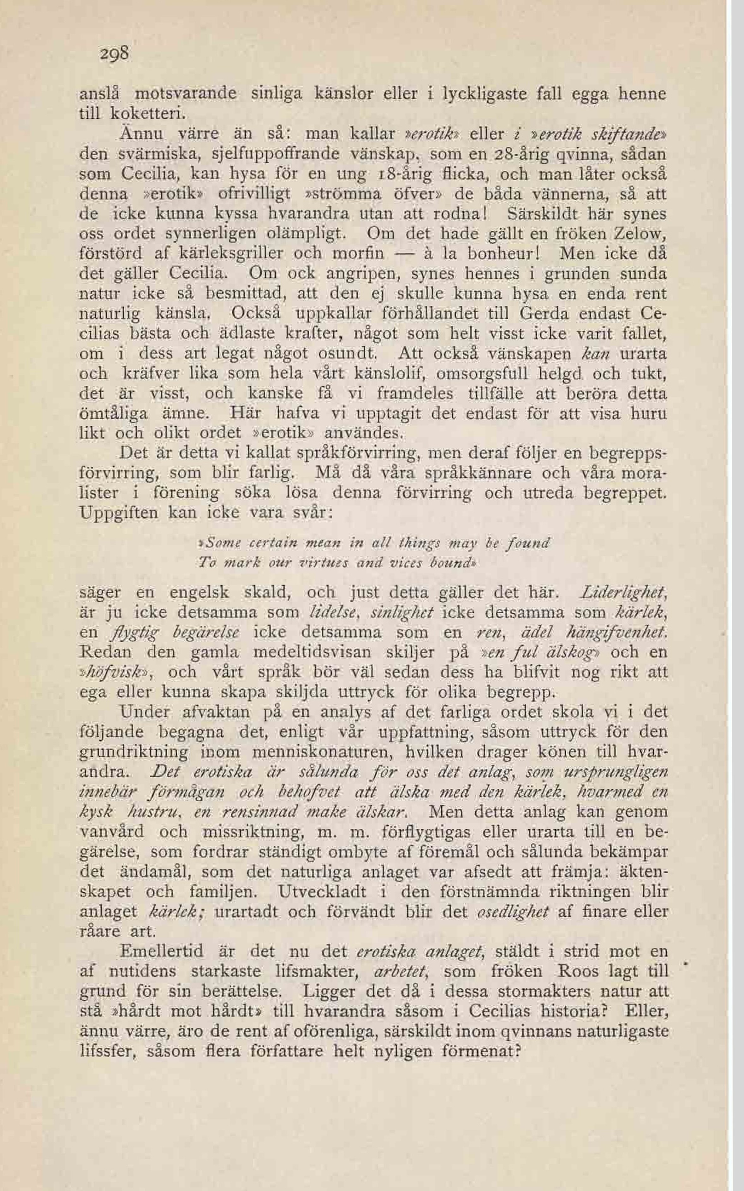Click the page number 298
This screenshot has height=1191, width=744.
coord(114,53)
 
